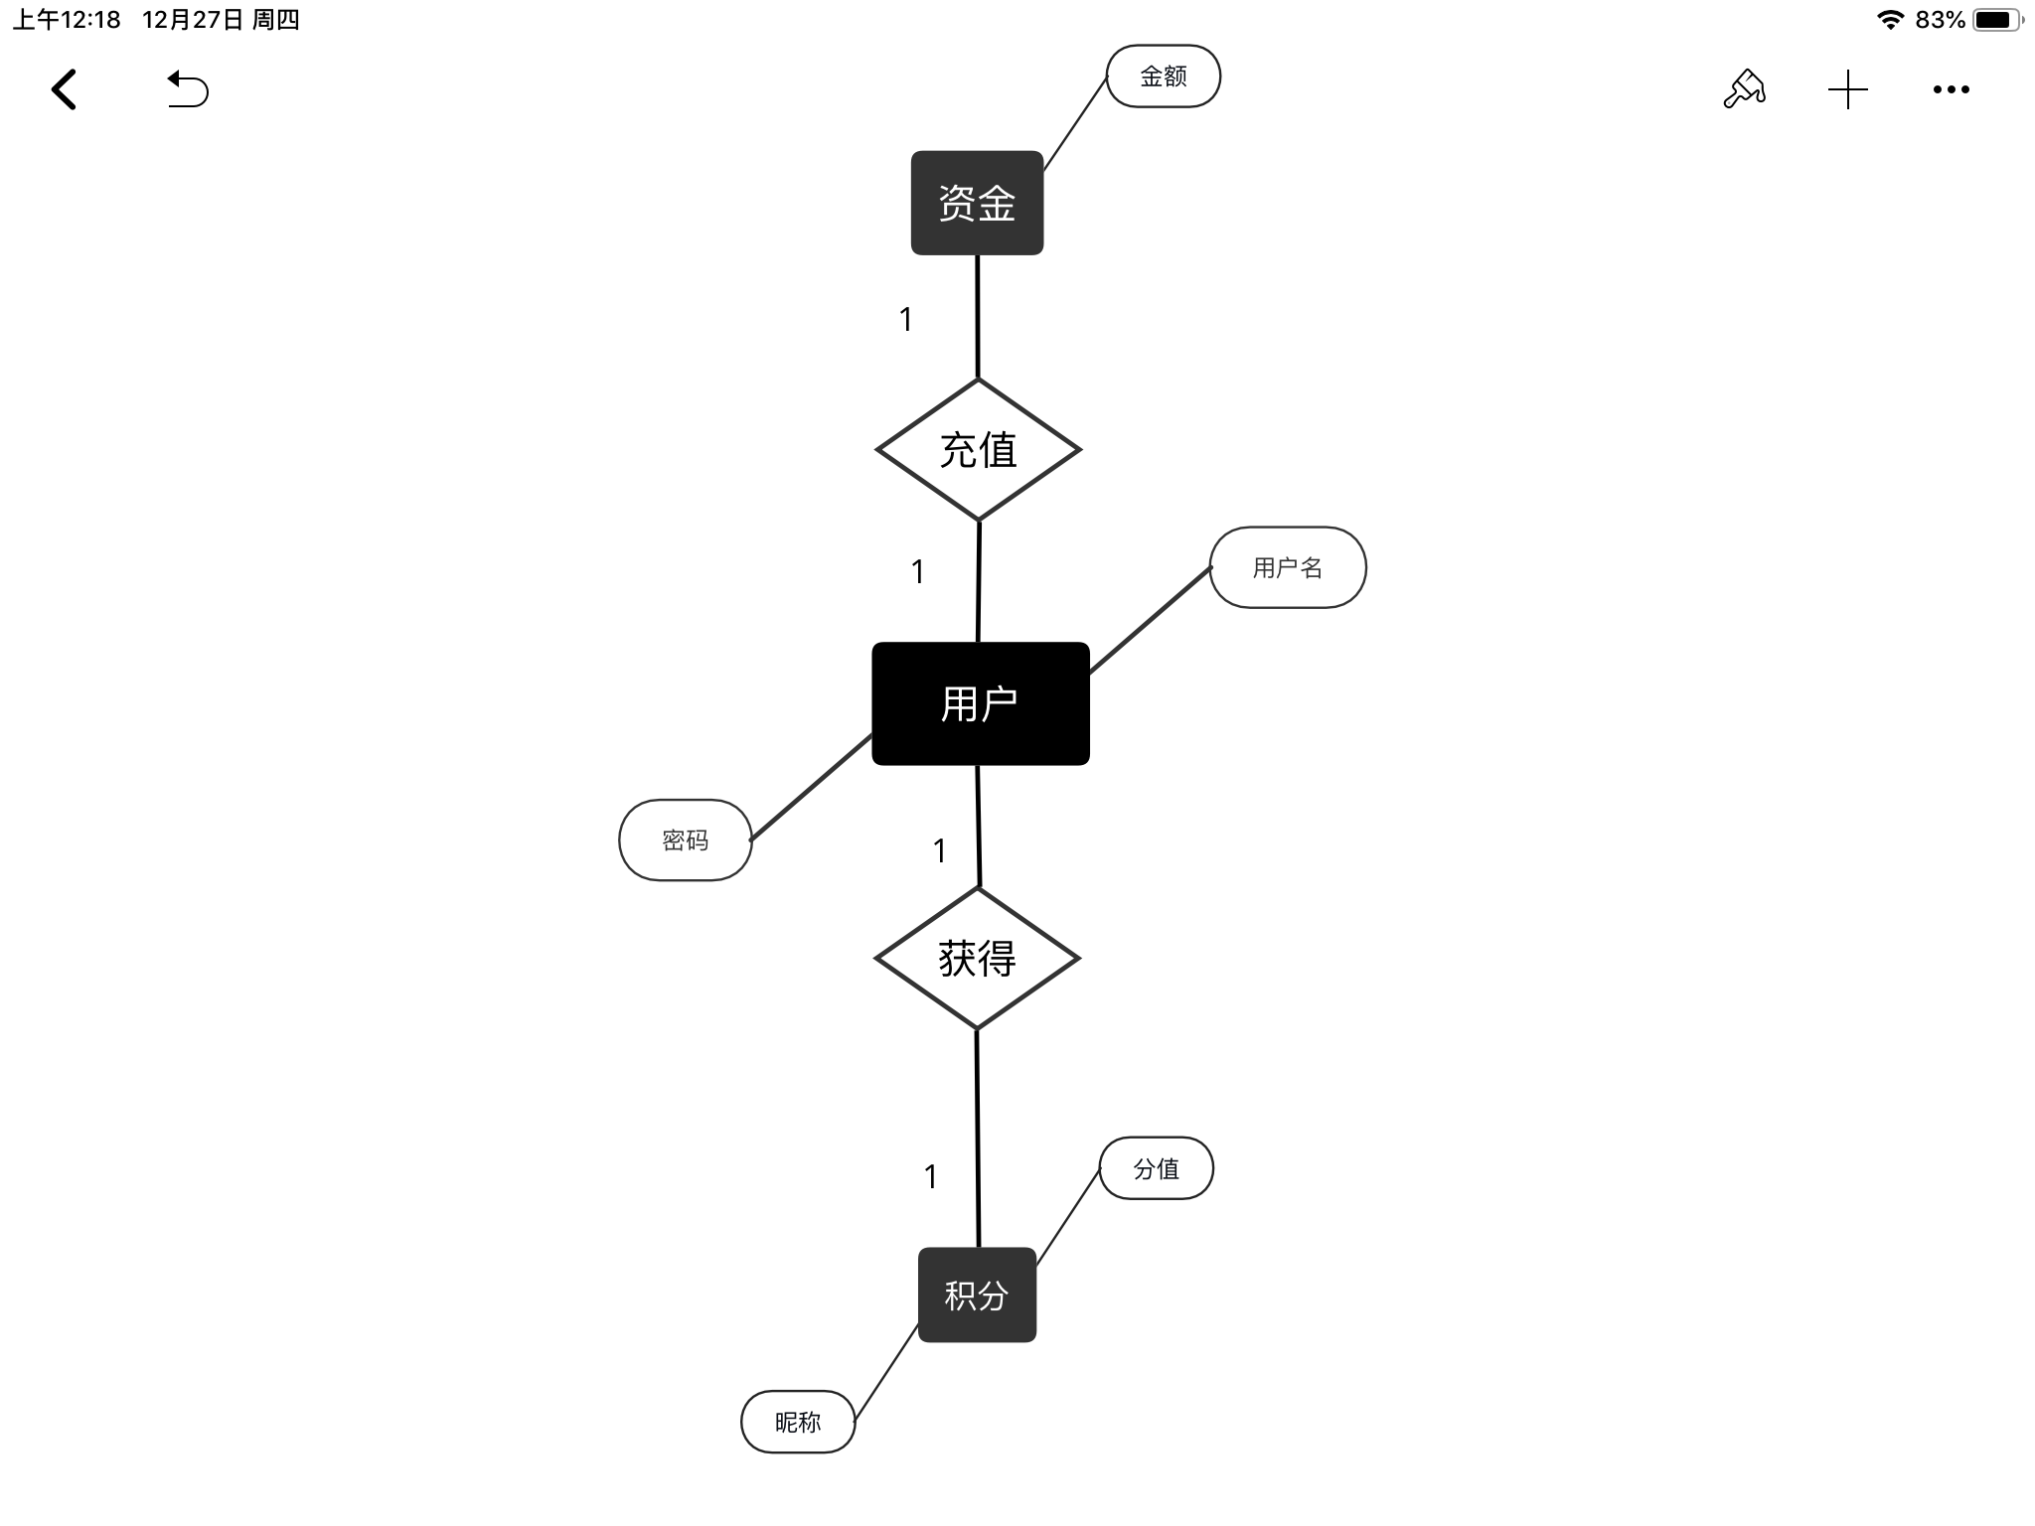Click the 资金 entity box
[x=977, y=203]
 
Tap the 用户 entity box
[x=980, y=703]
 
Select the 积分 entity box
[x=977, y=1295]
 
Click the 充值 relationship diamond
[x=978, y=450]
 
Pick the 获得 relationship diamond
[x=977, y=959]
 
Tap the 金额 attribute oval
[x=1163, y=76]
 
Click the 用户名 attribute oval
[x=1288, y=567]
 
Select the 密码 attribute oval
[x=685, y=840]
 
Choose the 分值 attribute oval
[x=1156, y=1168]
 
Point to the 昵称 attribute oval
[x=798, y=1422]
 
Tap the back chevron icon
[x=65, y=89]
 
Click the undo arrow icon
[x=188, y=89]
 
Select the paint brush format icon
[x=1744, y=89]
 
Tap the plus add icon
[x=1848, y=89]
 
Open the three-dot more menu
[x=1952, y=89]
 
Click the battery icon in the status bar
[x=1998, y=20]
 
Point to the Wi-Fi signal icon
[x=1889, y=20]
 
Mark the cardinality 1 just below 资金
[x=905, y=319]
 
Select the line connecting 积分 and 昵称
[x=886, y=1372]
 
